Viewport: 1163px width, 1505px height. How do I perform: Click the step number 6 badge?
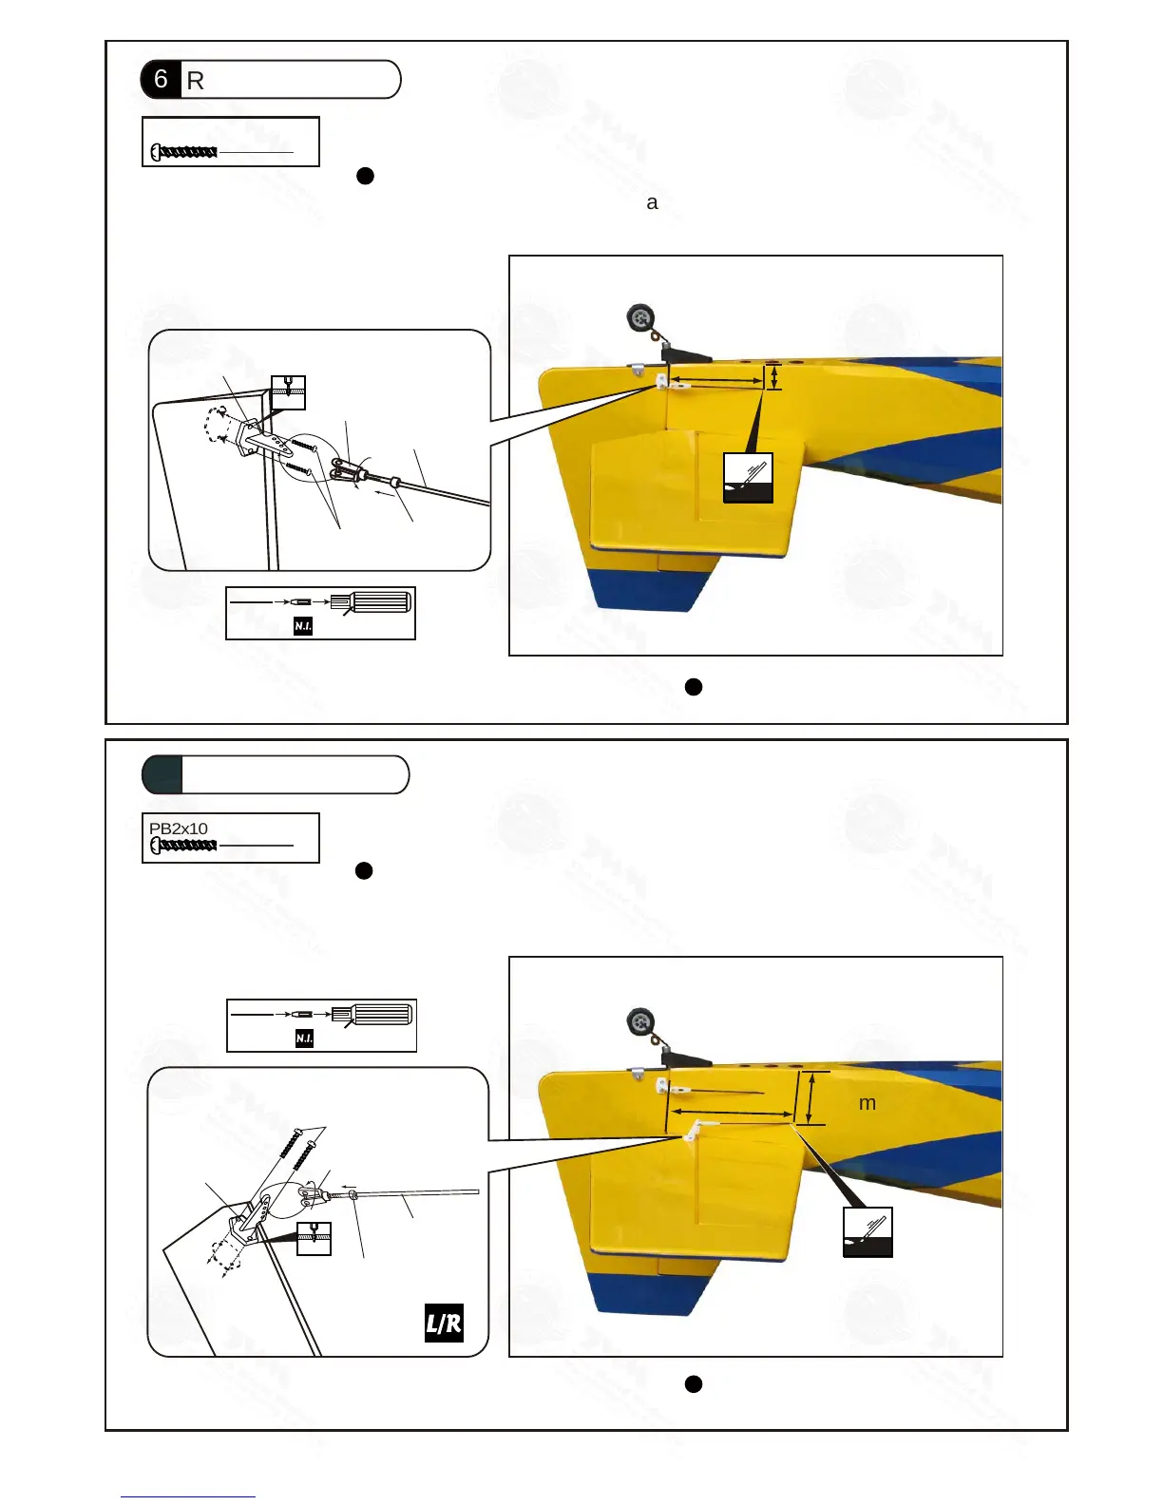[x=161, y=79]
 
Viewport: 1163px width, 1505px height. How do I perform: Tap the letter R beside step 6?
[x=196, y=81]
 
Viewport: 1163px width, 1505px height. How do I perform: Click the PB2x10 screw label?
[x=179, y=829]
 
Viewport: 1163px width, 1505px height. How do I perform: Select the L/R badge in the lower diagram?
[x=444, y=1323]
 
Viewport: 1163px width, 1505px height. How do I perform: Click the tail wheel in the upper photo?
[x=639, y=316]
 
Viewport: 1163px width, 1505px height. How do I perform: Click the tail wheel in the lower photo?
[x=641, y=1023]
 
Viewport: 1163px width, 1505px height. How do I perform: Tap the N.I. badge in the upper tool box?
[x=303, y=626]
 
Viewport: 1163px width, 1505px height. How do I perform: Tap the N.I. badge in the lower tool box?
[x=304, y=1038]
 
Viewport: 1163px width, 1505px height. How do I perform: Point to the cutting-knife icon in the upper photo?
[x=748, y=477]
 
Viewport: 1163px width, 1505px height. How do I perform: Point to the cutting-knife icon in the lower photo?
[x=867, y=1232]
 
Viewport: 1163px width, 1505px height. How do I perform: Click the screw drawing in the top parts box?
[x=184, y=152]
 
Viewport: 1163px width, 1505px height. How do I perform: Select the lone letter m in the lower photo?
[x=867, y=1104]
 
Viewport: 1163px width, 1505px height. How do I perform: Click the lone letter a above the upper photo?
[x=652, y=202]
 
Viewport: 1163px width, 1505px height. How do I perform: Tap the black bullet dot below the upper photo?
[x=694, y=687]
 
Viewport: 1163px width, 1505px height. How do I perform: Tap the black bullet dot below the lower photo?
[x=694, y=1384]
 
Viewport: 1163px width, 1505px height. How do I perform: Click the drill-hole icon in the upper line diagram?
[x=289, y=392]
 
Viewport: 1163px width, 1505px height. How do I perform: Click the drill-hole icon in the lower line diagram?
[x=314, y=1239]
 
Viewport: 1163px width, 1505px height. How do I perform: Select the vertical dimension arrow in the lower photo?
[x=810, y=1098]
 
